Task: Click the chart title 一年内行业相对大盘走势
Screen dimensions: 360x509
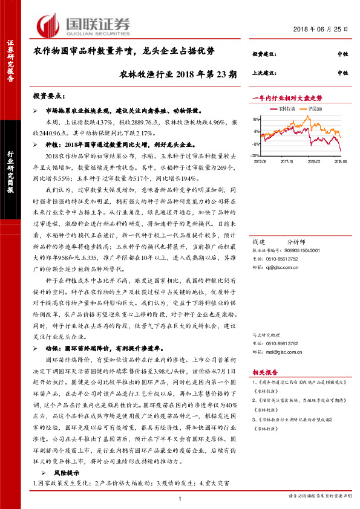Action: pyautogui.click(x=287, y=97)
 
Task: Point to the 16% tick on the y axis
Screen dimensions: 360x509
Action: pyautogui.click(x=257, y=119)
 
